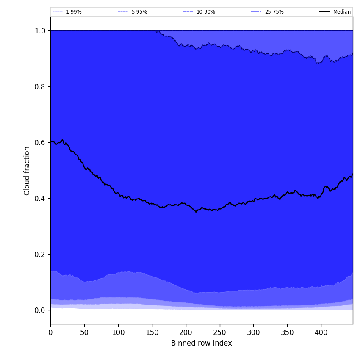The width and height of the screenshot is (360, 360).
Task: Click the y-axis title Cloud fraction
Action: tap(27, 171)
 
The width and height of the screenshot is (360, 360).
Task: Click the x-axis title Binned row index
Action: tap(201, 343)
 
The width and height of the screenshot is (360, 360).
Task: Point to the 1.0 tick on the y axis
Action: tap(40, 30)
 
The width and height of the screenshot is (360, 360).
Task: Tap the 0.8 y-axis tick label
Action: tap(40, 86)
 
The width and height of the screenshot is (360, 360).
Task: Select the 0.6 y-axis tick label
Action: tap(40, 142)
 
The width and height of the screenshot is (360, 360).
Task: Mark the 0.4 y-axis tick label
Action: tap(40, 198)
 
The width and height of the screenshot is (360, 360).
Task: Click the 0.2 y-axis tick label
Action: tap(40, 254)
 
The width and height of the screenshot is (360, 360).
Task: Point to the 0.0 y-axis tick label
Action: tap(40, 310)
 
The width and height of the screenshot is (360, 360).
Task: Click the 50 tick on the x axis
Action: tap(84, 332)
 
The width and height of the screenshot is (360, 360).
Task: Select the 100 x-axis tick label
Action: tap(118, 332)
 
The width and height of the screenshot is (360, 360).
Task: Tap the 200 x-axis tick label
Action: tap(186, 332)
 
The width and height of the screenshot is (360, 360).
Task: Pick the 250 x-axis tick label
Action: tap(219, 332)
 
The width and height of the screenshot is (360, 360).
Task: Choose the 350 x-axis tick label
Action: tap(287, 332)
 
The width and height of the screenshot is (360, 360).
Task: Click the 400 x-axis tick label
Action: tap(321, 332)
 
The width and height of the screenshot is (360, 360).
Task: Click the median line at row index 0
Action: tap(51, 141)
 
